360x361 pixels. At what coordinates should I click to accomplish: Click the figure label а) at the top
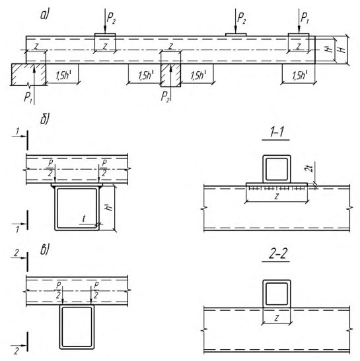tap(45, 15)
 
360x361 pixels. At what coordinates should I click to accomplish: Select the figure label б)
tap(45, 119)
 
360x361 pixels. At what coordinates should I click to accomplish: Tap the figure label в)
tap(45, 250)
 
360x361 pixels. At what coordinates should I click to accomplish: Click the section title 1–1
tap(276, 132)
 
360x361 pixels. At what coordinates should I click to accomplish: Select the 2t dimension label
tap(310, 168)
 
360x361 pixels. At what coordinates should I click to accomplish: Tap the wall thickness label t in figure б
tap(84, 218)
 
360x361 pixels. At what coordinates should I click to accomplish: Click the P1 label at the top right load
tap(305, 18)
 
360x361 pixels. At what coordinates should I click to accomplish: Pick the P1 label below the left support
tap(28, 98)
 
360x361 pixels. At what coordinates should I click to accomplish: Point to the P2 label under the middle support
tap(165, 96)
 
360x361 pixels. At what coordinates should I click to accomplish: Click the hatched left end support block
tap(29, 75)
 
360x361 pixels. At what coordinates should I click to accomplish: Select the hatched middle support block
tap(170, 75)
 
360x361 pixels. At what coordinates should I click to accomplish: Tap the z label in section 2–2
tap(277, 318)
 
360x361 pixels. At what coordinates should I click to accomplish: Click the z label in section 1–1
tap(276, 197)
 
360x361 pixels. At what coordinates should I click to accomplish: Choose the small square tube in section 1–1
tap(277, 169)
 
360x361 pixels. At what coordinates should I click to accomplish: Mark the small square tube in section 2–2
tap(277, 294)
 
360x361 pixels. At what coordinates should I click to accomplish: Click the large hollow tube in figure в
tap(77, 327)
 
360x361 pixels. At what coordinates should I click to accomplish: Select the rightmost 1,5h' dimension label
tap(299, 75)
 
